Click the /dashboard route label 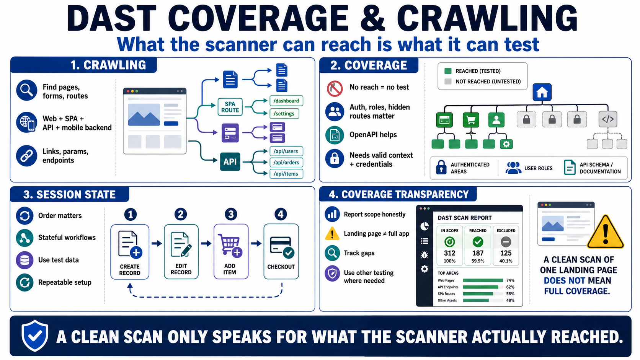(286, 101)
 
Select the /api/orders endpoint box (286, 163)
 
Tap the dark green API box (230, 162)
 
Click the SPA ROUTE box (230, 107)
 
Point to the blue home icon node (542, 92)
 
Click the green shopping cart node (470, 120)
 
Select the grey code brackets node (608, 119)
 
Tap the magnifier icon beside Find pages (26, 91)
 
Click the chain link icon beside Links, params (26, 156)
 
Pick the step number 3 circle (231, 214)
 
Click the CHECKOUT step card (281, 251)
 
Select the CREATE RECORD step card (130, 252)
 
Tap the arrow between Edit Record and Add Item (206, 244)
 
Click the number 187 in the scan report (478, 253)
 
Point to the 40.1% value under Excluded (506, 261)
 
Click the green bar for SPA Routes (478, 294)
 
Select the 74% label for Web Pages (510, 280)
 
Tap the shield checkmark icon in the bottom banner (35, 336)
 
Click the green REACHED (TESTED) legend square (448, 71)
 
